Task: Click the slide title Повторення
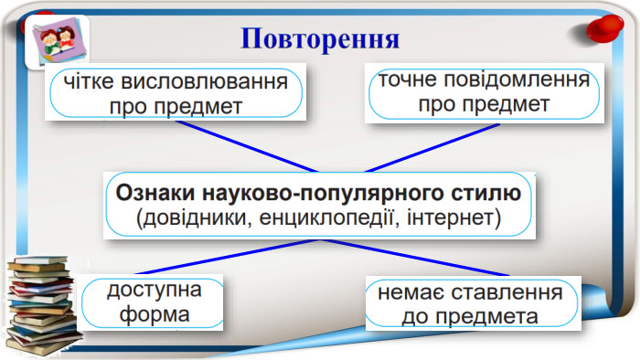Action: [x=321, y=38]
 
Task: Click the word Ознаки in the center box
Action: [x=147, y=193]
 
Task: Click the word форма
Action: [x=153, y=315]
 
